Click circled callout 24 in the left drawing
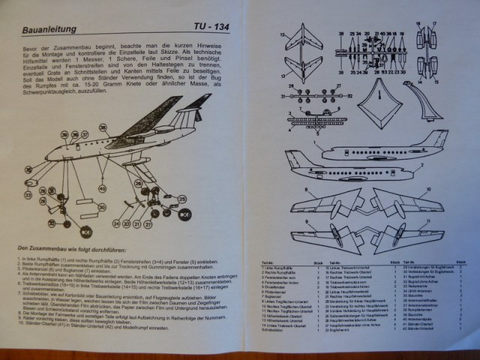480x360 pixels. coord(116,223)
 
